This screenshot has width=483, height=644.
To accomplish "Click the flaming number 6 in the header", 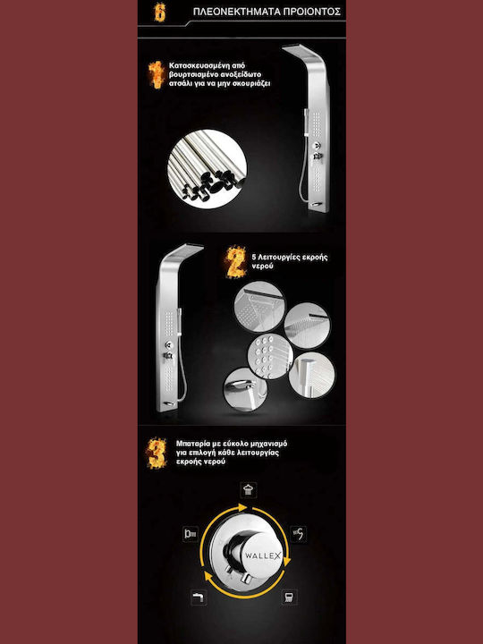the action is (x=159, y=12).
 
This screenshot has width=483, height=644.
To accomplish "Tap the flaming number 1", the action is (x=156, y=74).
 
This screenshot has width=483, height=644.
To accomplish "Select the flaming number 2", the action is (x=236, y=262).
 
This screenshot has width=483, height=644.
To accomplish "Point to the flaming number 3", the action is (x=157, y=453).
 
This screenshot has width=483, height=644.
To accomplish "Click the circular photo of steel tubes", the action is (x=207, y=169).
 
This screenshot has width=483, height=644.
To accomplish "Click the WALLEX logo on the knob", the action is (x=263, y=555).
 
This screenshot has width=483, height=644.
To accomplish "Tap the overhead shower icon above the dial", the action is (x=248, y=490).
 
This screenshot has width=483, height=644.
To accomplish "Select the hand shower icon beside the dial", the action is (x=298, y=534).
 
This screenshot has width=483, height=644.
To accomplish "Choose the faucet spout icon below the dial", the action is (x=199, y=597).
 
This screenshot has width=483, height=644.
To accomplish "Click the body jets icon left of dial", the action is (x=191, y=534).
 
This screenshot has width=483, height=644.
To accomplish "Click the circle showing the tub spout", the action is (x=245, y=389).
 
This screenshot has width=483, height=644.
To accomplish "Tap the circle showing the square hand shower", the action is (x=312, y=375).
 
